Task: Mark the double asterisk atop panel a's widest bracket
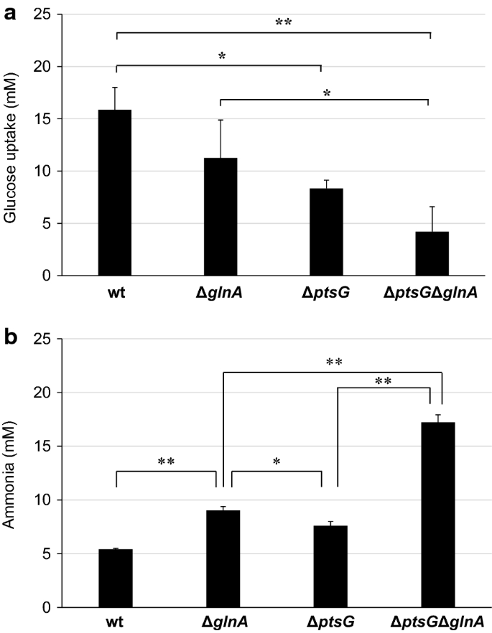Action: [283, 22]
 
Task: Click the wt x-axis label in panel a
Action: [116, 293]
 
